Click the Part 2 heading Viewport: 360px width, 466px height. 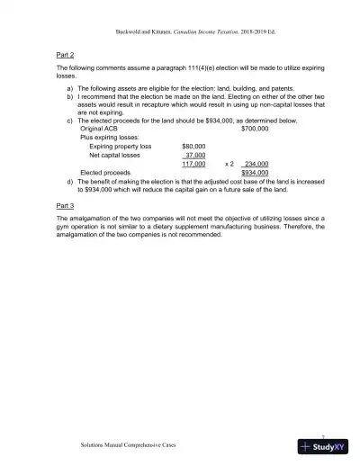65,55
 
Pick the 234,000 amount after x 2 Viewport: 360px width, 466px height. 256,164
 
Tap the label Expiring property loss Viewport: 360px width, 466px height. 121,146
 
